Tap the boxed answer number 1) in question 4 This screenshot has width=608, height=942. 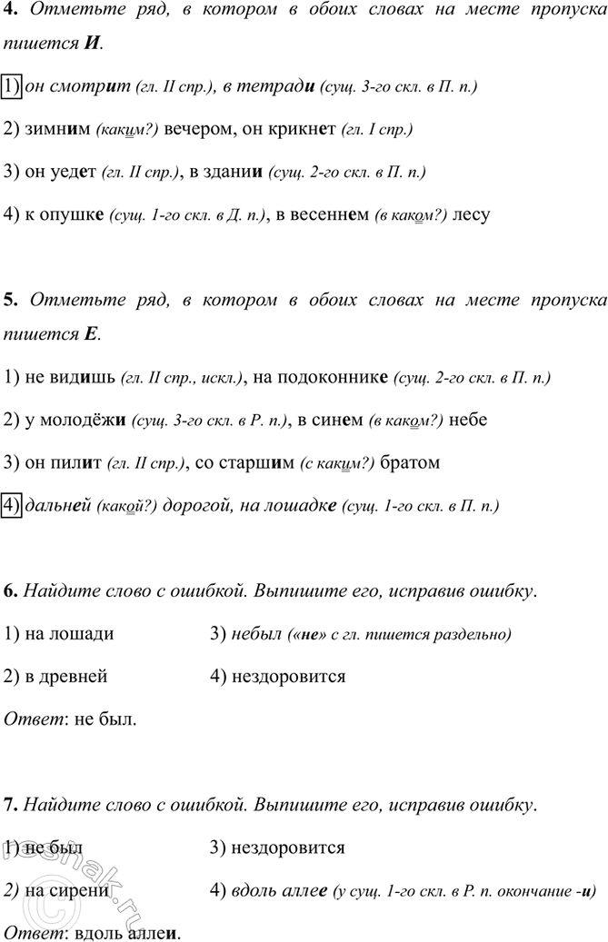(13, 86)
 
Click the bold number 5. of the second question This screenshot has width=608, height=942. (11, 299)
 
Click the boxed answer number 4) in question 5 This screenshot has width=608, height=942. (13, 505)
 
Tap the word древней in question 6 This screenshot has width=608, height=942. (74, 676)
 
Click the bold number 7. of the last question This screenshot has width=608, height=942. (11, 805)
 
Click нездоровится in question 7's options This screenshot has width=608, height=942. (289, 848)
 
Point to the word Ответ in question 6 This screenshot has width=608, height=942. (27, 719)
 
